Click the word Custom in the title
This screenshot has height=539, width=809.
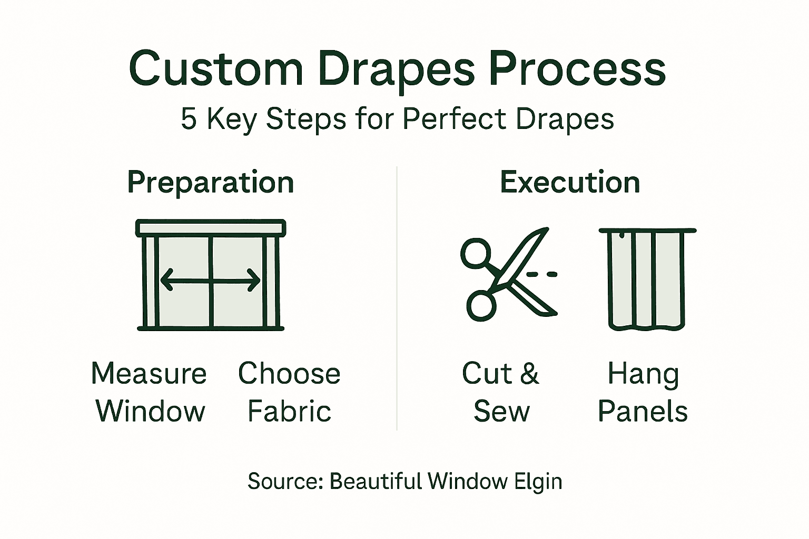point(216,69)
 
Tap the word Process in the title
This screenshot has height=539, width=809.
point(577,69)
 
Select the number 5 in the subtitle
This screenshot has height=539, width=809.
point(189,119)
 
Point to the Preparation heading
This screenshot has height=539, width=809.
point(211,183)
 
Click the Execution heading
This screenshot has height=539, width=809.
point(570,183)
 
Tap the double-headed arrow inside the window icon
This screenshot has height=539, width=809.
point(210,280)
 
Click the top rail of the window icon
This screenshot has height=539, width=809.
point(211,228)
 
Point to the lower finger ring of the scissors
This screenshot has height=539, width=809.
point(481,305)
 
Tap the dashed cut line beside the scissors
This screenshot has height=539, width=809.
point(541,274)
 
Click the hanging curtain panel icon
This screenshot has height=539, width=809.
point(647,279)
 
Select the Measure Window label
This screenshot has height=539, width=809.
point(150,392)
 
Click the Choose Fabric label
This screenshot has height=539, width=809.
point(289,392)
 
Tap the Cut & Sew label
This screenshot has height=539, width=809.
point(501,392)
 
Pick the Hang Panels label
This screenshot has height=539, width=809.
point(643,392)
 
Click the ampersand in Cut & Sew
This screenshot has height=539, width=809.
point(529,374)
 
